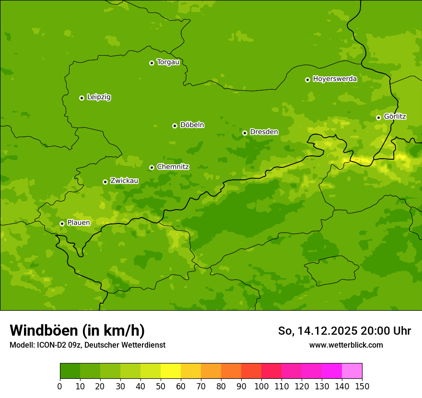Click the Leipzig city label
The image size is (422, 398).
point(99,97)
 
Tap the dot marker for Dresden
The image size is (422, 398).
point(245,133)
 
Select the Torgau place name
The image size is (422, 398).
point(168,62)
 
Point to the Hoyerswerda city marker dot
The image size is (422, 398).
point(307,80)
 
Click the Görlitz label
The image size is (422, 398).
point(395,117)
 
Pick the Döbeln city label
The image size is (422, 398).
point(192,125)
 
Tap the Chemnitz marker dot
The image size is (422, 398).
point(152,167)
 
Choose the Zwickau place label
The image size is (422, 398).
point(124,181)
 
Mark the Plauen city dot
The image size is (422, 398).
point(62,223)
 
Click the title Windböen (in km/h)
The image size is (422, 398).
point(77,330)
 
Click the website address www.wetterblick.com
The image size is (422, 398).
point(346,345)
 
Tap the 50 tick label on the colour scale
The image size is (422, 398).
point(161,386)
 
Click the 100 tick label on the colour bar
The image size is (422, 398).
point(261,386)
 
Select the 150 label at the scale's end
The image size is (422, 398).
point(362,386)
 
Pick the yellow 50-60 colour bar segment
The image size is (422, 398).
point(171,371)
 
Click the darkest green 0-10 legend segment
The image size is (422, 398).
point(70,371)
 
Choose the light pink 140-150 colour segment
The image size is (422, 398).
point(352,371)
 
